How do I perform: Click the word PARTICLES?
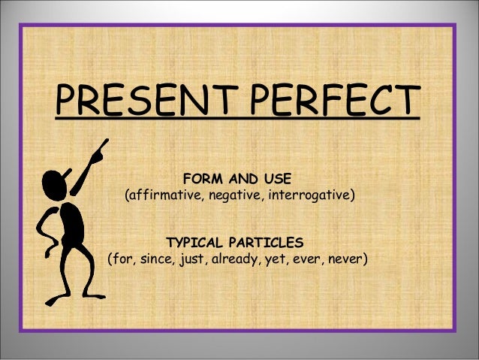(268, 243)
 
